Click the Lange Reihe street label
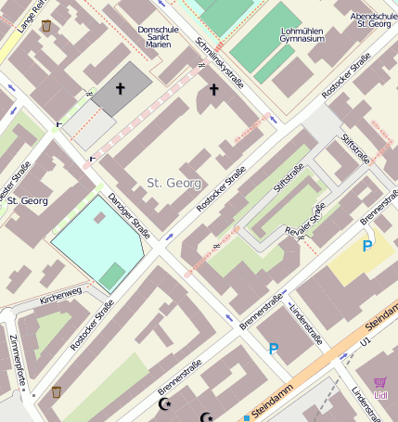click(x=30, y=16)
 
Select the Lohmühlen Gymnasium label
click(x=302, y=34)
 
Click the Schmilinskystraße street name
click(x=220, y=63)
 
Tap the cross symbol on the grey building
click(x=119, y=88)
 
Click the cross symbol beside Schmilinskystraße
click(x=214, y=89)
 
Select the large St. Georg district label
click(x=173, y=183)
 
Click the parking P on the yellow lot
click(x=367, y=246)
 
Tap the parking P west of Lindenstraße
click(x=273, y=349)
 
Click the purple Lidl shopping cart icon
click(x=380, y=384)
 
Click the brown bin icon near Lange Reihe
click(x=46, y=26)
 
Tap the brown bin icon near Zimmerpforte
click(x=57, y=391)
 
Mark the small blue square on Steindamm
click(x=247, y=417)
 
